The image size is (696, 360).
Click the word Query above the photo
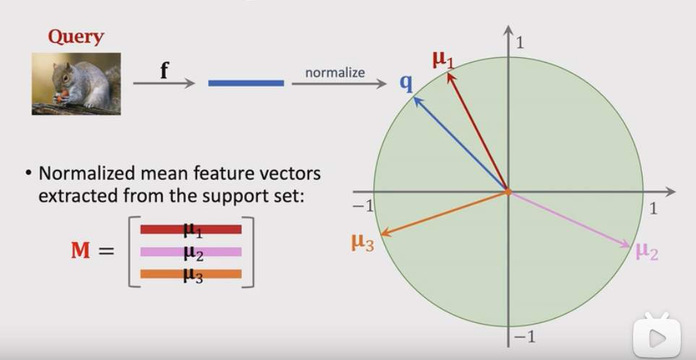[76, 37]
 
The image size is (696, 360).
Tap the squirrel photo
[76, 84]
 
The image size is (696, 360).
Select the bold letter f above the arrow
[164, 70]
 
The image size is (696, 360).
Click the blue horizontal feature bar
[246, 83]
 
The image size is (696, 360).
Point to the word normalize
[335, 72]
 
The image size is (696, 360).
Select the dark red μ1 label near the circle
[443, 59]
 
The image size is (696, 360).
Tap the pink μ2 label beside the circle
[647, 252]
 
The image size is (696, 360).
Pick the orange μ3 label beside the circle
[362, 242]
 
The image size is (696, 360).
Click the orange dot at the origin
[508, 192]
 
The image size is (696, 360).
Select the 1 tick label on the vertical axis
[520, 43]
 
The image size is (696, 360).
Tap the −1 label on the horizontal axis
[364, 207]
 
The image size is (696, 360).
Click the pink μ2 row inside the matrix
[191, 252]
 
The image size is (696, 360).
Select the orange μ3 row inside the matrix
[191, 275]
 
